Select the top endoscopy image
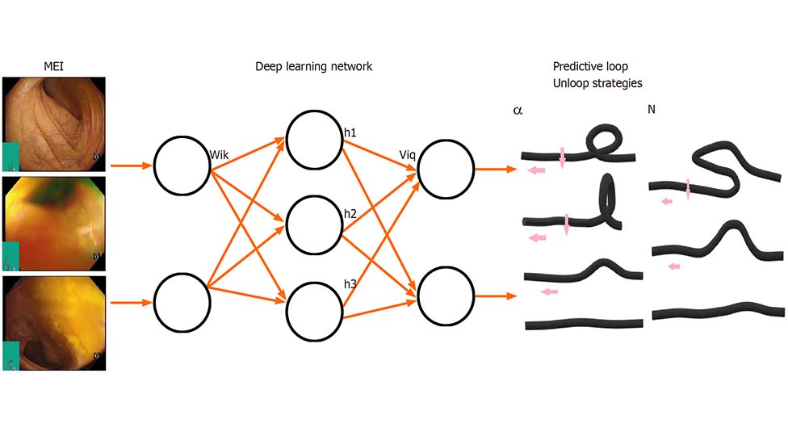(x=54, y=122)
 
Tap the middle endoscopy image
(x=54, y=223)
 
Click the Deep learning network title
(x=313, y=66)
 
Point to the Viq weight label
(x=407, y=153)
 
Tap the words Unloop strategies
(x=597, y=82)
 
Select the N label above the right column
(x=652, y=108)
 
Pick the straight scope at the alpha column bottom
(x=584, y=324)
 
